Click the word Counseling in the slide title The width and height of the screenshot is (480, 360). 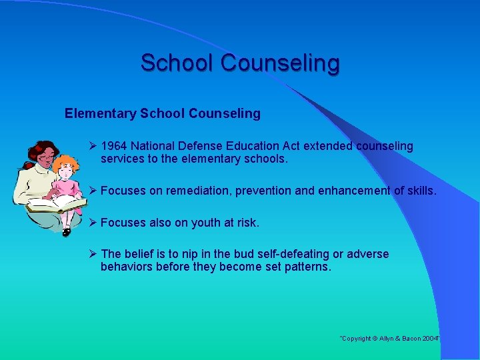[280, 63]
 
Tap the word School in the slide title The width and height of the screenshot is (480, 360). [177, 63]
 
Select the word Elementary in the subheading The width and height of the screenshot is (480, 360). [100, 113]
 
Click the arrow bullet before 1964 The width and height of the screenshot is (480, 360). [93, 146]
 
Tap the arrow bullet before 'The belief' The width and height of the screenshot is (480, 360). [93, 254]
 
